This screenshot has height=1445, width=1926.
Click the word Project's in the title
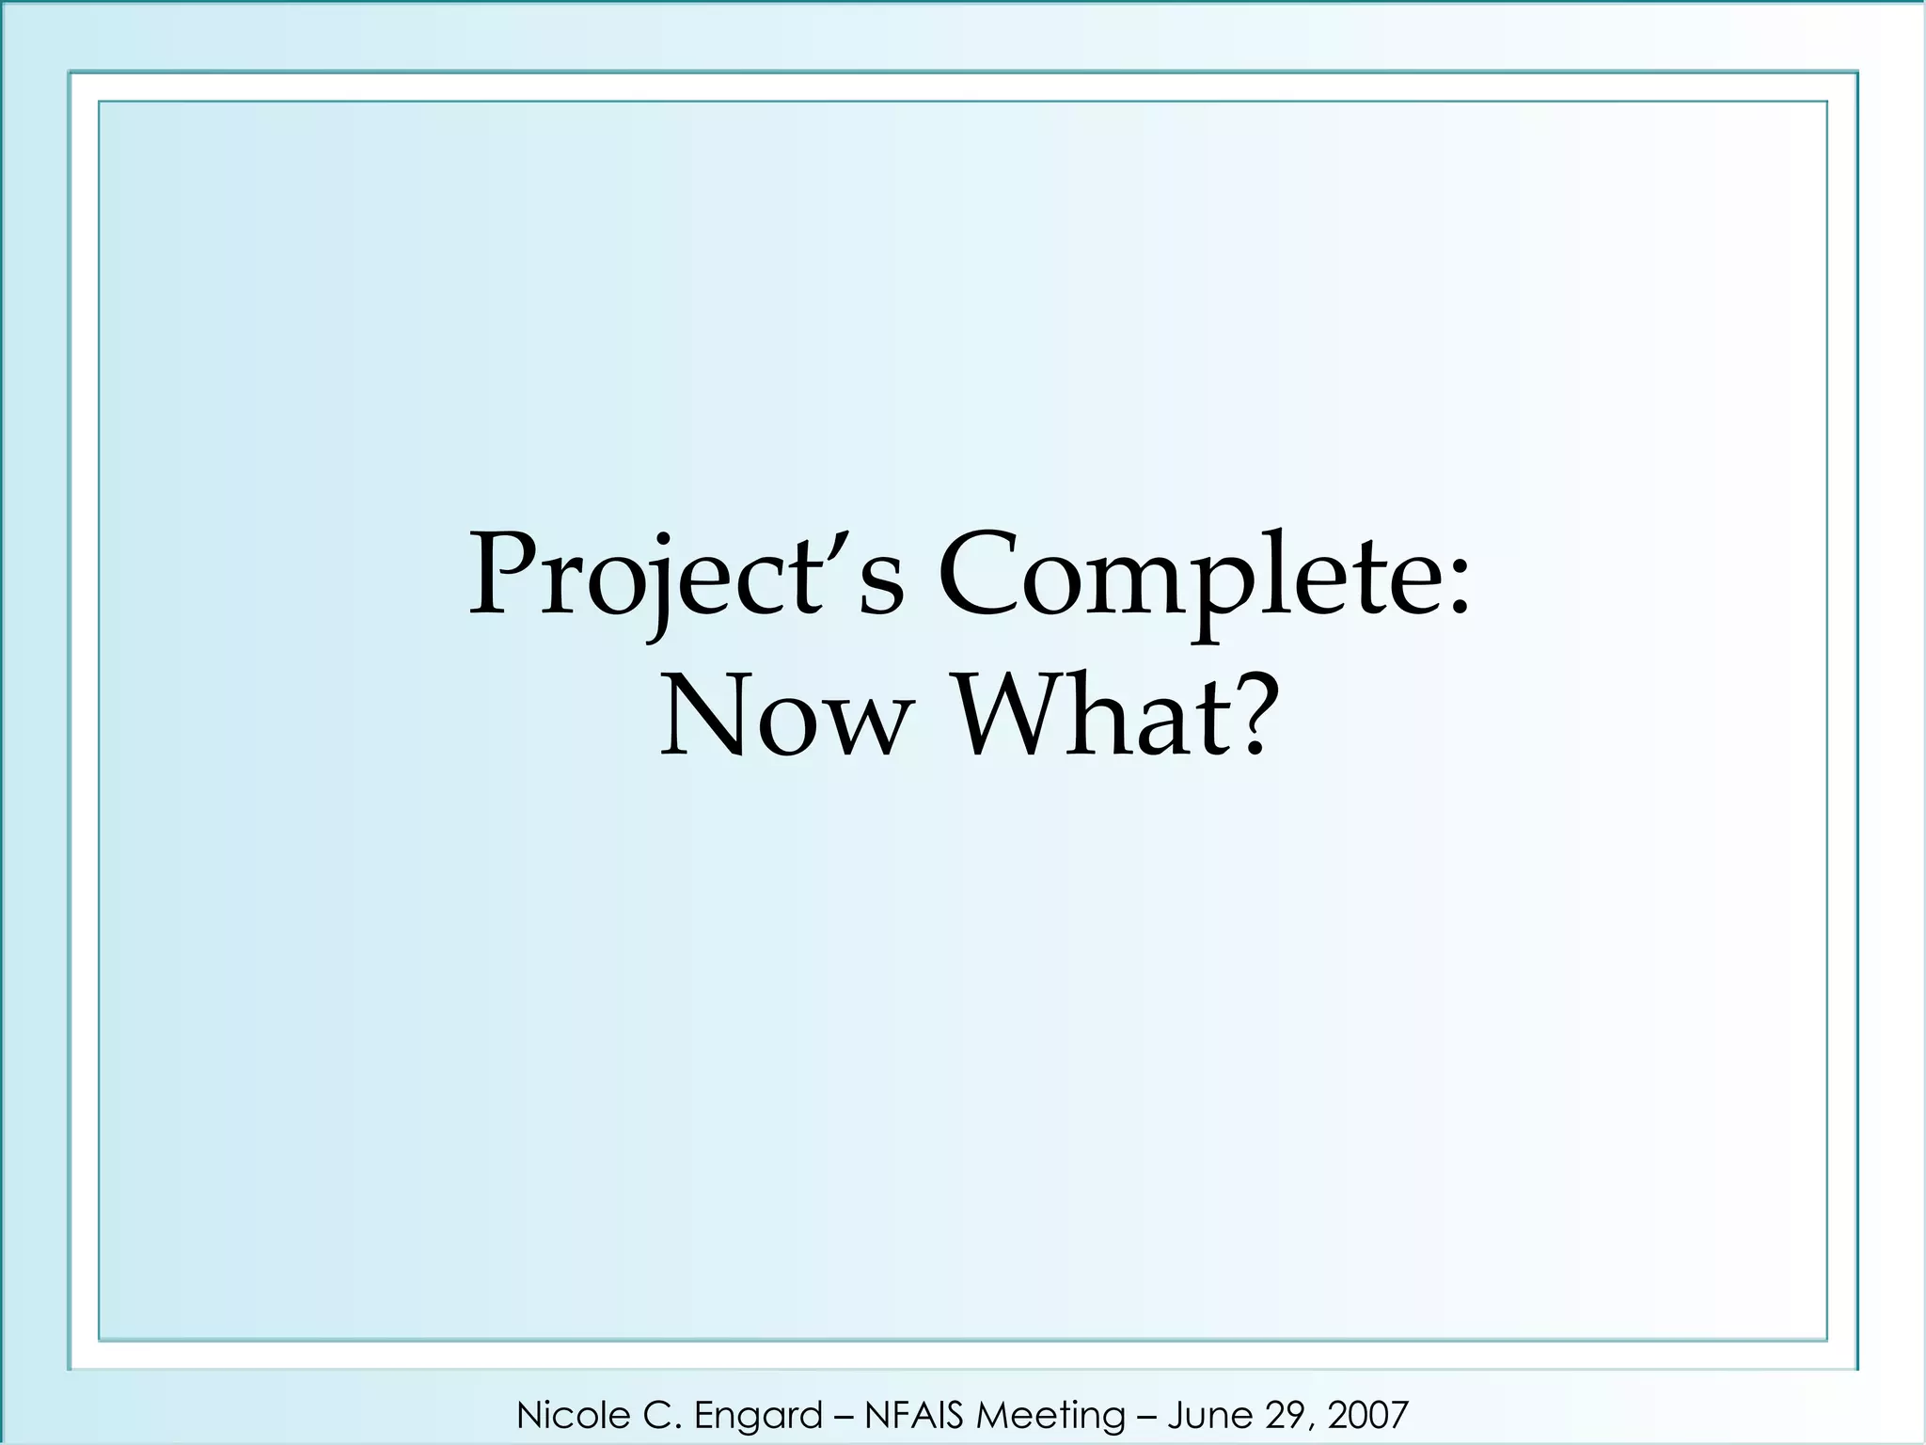687,576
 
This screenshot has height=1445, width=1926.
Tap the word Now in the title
786,717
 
